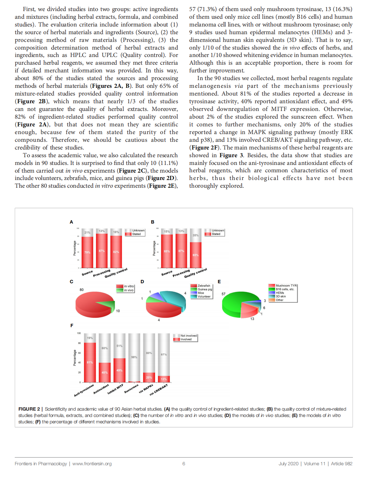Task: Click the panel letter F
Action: pos(72,325)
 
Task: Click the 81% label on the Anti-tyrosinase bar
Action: pos(90,362)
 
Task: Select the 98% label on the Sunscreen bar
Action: pos(134,357)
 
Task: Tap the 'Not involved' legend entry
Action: pos(188,336)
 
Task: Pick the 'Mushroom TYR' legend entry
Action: pos(286,286)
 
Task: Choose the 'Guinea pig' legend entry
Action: pos(204,289)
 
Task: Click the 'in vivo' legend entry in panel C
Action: pos(128,290)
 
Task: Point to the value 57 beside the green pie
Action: pos(223,294)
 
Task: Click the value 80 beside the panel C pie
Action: pos(82,290)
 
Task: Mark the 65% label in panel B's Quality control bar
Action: pos(196,255)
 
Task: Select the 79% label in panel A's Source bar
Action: pos(87,252)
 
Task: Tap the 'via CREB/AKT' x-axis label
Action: pos(159,390)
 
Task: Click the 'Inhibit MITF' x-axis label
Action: pos(115,389)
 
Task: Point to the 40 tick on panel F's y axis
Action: pos(79,363)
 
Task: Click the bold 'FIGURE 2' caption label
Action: pos(29,409)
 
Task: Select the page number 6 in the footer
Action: pos(184,464)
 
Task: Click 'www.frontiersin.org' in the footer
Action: pos(92,464)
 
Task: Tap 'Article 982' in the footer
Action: pos(341,464)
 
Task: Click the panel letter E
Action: pos(219,282)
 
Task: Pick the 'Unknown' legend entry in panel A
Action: pos(138,230)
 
